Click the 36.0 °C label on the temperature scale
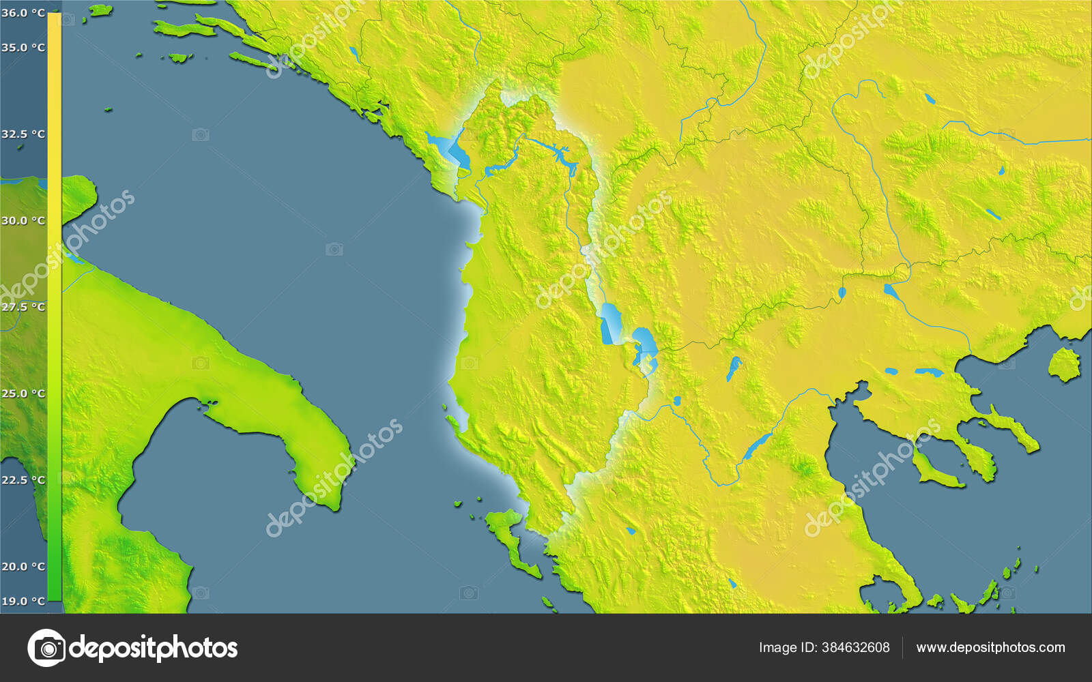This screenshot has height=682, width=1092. coord(23,13)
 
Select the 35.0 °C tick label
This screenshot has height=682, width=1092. coord(23,48)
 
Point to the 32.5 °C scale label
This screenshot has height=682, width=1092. coord(23,134)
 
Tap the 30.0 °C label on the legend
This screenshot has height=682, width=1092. coord(23,221)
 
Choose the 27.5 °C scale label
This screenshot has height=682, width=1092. coord(23,308)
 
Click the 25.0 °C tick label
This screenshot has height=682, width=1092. coord(23,394)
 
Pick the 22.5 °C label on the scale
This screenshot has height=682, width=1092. coord(23,480)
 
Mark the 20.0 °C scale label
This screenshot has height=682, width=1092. coord(23,567)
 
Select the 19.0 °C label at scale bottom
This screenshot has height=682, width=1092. coord(23,602)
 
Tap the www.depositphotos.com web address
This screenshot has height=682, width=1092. coord(990,647)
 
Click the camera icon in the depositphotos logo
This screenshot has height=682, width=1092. coord(46,647)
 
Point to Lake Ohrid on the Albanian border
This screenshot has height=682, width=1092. coord(609,323)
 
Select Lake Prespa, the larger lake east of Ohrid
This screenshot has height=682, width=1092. coord(645,344)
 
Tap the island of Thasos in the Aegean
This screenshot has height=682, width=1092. coord(1064,364)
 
